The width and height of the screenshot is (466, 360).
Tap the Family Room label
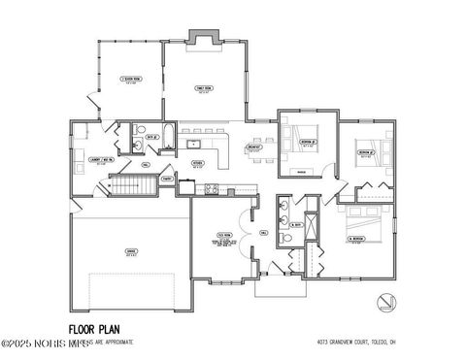(204, 90)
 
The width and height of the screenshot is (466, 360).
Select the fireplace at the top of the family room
(205, 38)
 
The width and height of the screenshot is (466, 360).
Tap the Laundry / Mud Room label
(97, 161)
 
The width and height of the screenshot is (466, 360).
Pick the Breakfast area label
(253, 148)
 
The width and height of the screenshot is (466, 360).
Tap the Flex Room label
(222, 236)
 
